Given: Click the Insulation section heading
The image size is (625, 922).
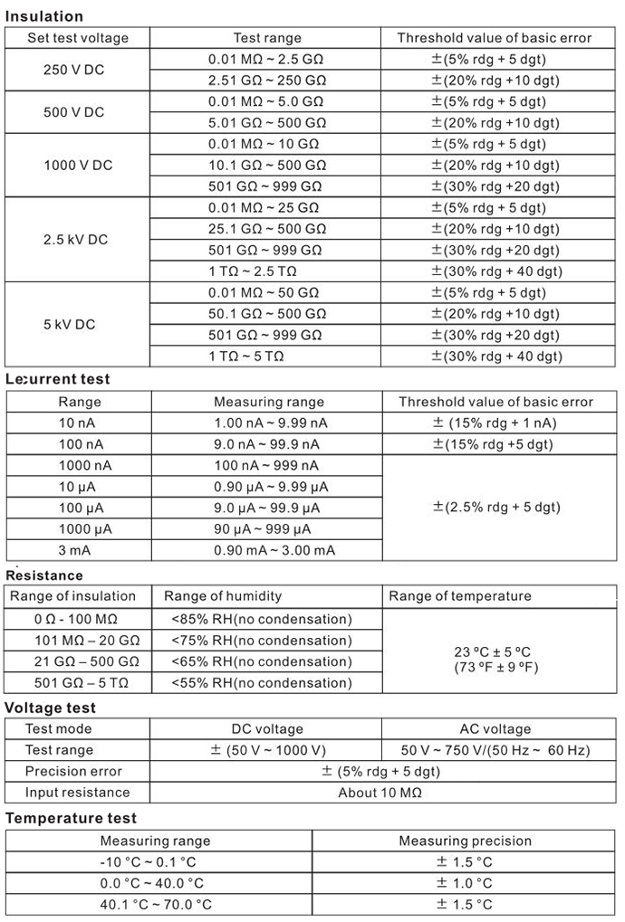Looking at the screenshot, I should pos(44,16).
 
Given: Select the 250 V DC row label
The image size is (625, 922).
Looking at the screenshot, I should pos(73,70).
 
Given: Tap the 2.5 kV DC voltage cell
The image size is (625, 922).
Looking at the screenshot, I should pos(74,240).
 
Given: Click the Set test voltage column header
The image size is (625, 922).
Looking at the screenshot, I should pos(78,38).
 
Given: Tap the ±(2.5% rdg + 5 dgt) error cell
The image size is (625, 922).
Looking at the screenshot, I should pos(495,507).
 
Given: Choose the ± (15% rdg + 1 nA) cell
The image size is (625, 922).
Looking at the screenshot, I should pos(495,423).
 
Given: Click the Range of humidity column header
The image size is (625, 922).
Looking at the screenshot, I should pos(223,596).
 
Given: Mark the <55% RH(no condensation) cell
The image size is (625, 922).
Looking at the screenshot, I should pos(261,682).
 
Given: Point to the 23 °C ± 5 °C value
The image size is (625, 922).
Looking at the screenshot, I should pos(492,650).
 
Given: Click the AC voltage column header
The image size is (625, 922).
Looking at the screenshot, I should pos(495,728).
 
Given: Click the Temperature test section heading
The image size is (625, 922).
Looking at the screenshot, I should pos(71,818).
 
